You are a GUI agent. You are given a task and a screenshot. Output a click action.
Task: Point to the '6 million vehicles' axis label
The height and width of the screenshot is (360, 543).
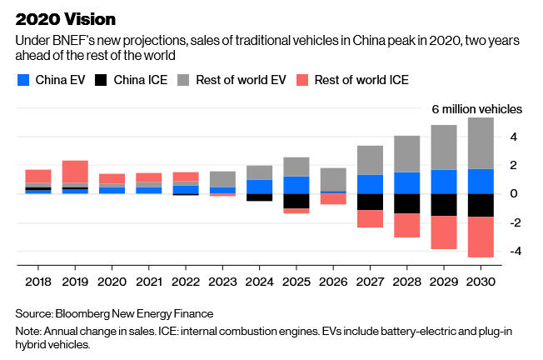(476, 109)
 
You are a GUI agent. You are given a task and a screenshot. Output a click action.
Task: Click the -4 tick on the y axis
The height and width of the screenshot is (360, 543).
(515, 251)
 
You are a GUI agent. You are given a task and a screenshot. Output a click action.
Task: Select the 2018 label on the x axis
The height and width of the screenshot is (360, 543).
(38, 282)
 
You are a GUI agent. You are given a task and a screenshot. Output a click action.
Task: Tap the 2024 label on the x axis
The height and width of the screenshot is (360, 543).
(260, 282)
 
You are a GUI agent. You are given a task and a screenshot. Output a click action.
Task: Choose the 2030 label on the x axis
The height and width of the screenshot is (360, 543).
(481, 282)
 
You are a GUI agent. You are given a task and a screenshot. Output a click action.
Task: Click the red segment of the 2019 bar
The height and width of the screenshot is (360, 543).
(75, 172)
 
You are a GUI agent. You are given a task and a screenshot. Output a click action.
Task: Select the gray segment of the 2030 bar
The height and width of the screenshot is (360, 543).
(481, 143)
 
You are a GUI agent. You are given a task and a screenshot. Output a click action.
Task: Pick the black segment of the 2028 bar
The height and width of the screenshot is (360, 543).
(407, 203)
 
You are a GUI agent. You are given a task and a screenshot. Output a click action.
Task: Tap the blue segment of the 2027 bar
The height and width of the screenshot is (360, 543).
(371, 184)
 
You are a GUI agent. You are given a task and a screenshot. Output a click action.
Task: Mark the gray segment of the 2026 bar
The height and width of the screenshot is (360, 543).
(333, 179)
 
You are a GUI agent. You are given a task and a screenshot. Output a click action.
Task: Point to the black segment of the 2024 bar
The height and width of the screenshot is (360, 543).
(260, 197)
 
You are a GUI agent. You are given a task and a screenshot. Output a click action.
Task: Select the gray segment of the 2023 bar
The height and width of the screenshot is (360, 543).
(222, 179)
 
